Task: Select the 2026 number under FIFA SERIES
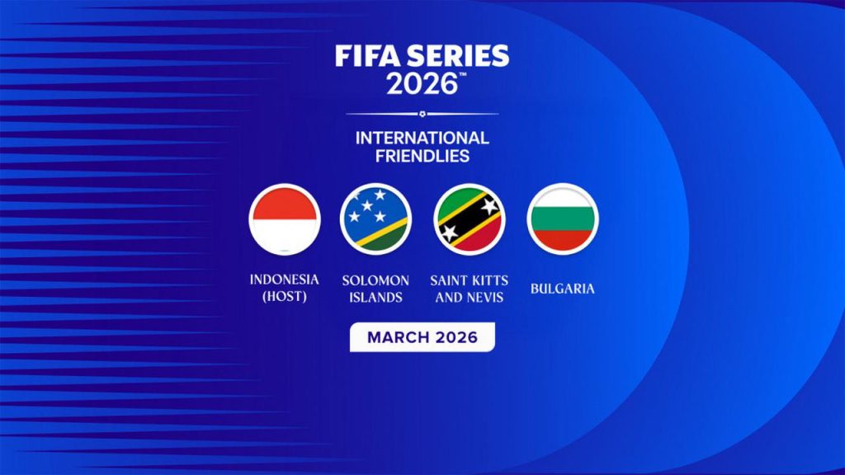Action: tap(421, 83)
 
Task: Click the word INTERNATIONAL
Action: tap(422, 138)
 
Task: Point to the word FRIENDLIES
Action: tap(422, 155)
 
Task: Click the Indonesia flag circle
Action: tap(284, 219)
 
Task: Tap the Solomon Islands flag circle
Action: tap(375, 219)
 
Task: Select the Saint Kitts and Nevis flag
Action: tap(469, 219)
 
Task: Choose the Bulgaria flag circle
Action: tap(562, 219)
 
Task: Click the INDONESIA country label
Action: tap(284, 280)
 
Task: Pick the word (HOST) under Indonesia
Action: tap(284, 296)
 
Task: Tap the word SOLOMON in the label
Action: tap(375, 280)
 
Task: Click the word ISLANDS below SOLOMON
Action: tap(375, 297)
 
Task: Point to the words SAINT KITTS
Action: tap(469, 280)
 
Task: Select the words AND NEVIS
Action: tap(469, 297)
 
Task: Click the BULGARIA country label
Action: tap(562, 289)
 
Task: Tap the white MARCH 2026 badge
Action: tap(422, 337)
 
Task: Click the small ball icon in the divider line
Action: tap(422, 113)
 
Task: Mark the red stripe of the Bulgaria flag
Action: tap(562, 240)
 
